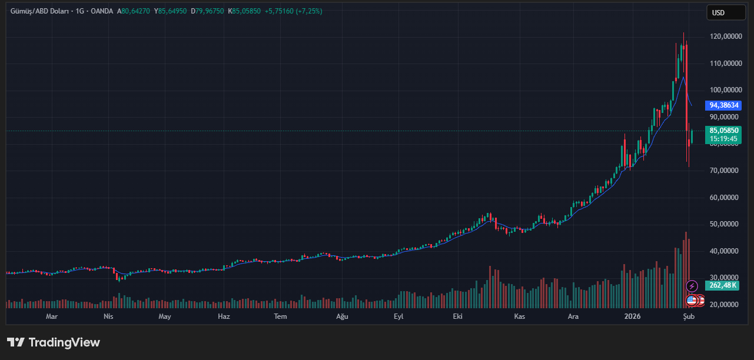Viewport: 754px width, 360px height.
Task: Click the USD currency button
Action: click(x=718, y=12)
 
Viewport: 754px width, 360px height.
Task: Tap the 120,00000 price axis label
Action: click(x=724, y=36)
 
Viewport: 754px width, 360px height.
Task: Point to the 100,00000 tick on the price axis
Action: click(x=724, y=90)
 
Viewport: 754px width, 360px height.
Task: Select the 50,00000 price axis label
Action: click(x=724, y=224)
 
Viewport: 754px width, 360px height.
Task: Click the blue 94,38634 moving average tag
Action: click(x=724, y=105)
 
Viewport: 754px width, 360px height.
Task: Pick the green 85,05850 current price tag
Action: click(x=724, y=131)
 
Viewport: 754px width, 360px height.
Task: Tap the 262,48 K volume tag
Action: click(x=723, y=285)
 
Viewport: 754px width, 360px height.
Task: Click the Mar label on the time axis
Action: click(x=52, y=316)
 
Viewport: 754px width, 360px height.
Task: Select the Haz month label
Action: click(x=224, y=316)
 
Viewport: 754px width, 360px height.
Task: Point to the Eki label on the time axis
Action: click(x=457, y=316)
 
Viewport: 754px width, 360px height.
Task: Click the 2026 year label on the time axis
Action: click(x=632, y=316)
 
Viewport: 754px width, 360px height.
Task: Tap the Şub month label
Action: click(x=689, y=316)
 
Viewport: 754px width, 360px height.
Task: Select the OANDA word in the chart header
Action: click(x=102, y=11)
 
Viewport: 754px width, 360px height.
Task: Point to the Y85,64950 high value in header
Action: click(x=171, y=11)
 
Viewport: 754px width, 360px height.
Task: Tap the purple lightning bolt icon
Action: click(x=692, y=286)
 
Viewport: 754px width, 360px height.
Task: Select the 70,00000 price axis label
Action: click(x=724, y=171)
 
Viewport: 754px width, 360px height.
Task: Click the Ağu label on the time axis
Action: click(x=342, y=316)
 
